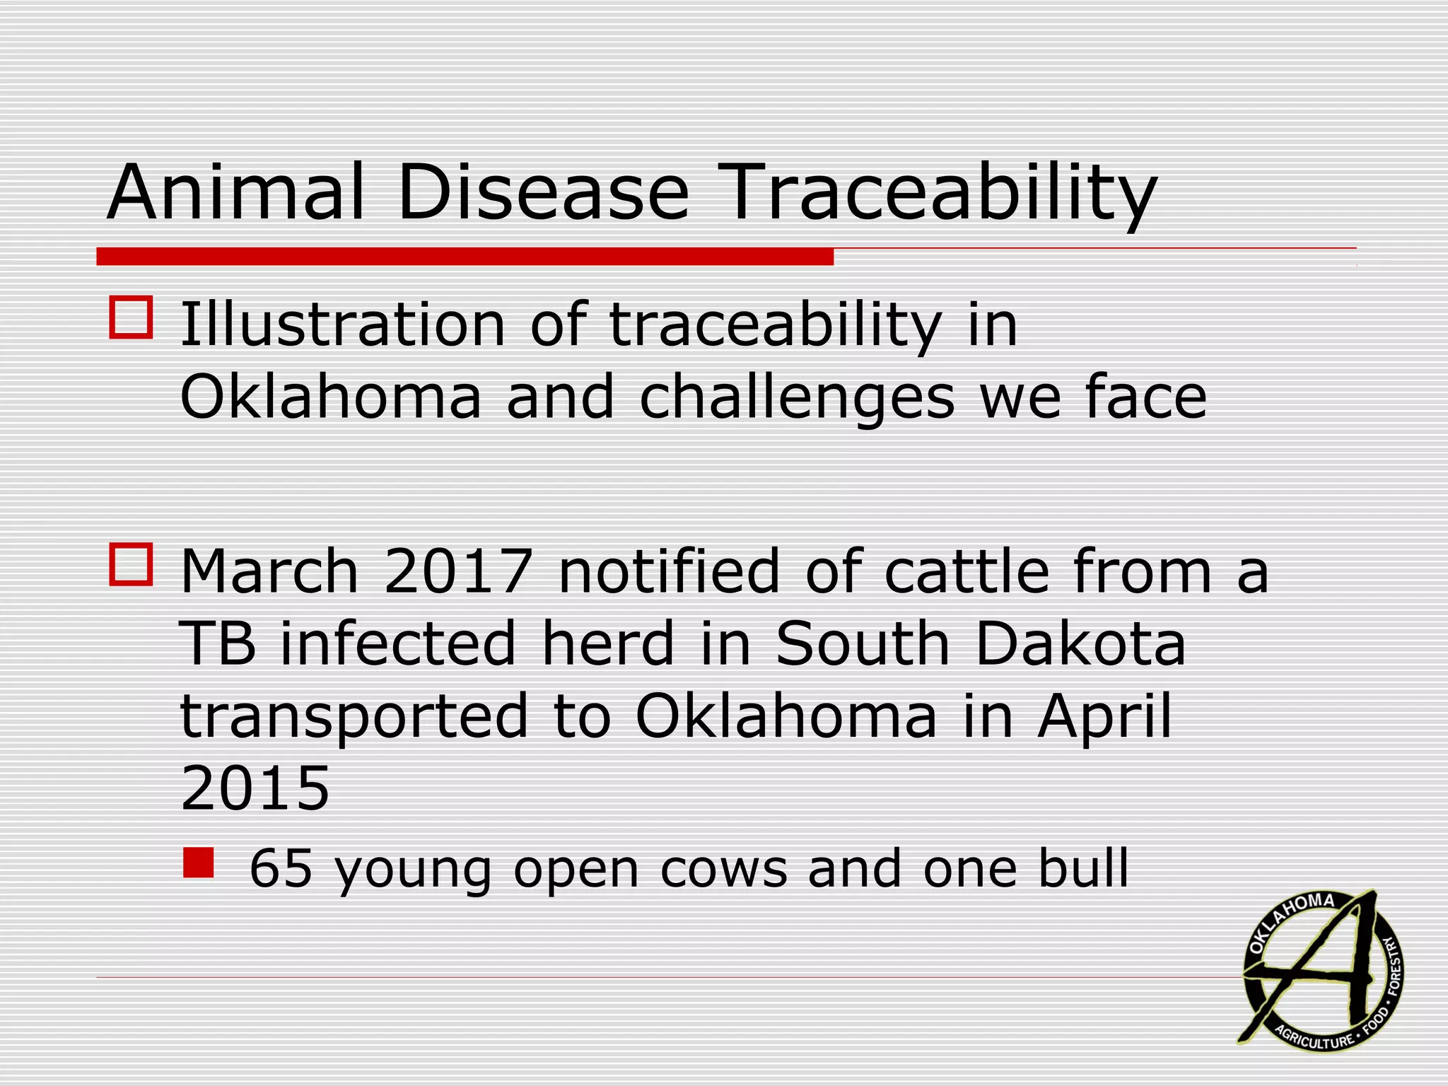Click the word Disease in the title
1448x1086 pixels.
(542, 193)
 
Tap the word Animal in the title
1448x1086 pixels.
(236, 193)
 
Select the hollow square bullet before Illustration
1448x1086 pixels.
(131, 317)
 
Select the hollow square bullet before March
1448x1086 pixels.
(131, 564)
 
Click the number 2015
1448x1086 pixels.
(255, 788)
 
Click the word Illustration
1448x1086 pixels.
(342, 325)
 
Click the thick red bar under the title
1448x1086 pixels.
(465, 257)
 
